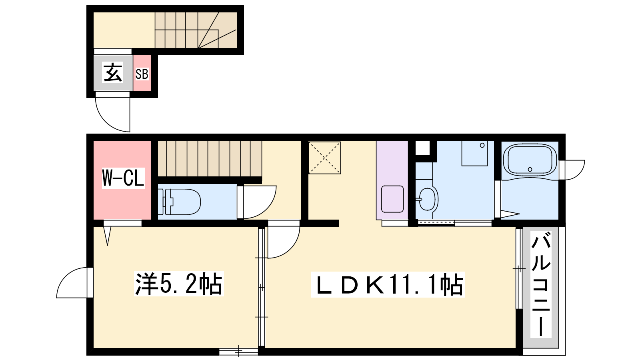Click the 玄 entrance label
click(113, 72)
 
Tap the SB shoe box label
click(142, 74)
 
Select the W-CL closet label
click(123, 178)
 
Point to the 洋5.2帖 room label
click(179, 284)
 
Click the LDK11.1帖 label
click(388, 284)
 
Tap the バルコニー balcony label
click(540, 288)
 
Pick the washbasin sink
click(428, 200)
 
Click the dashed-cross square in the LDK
click(324, 158)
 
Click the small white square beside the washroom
click(422, 148)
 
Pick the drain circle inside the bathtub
click(530, 170)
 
